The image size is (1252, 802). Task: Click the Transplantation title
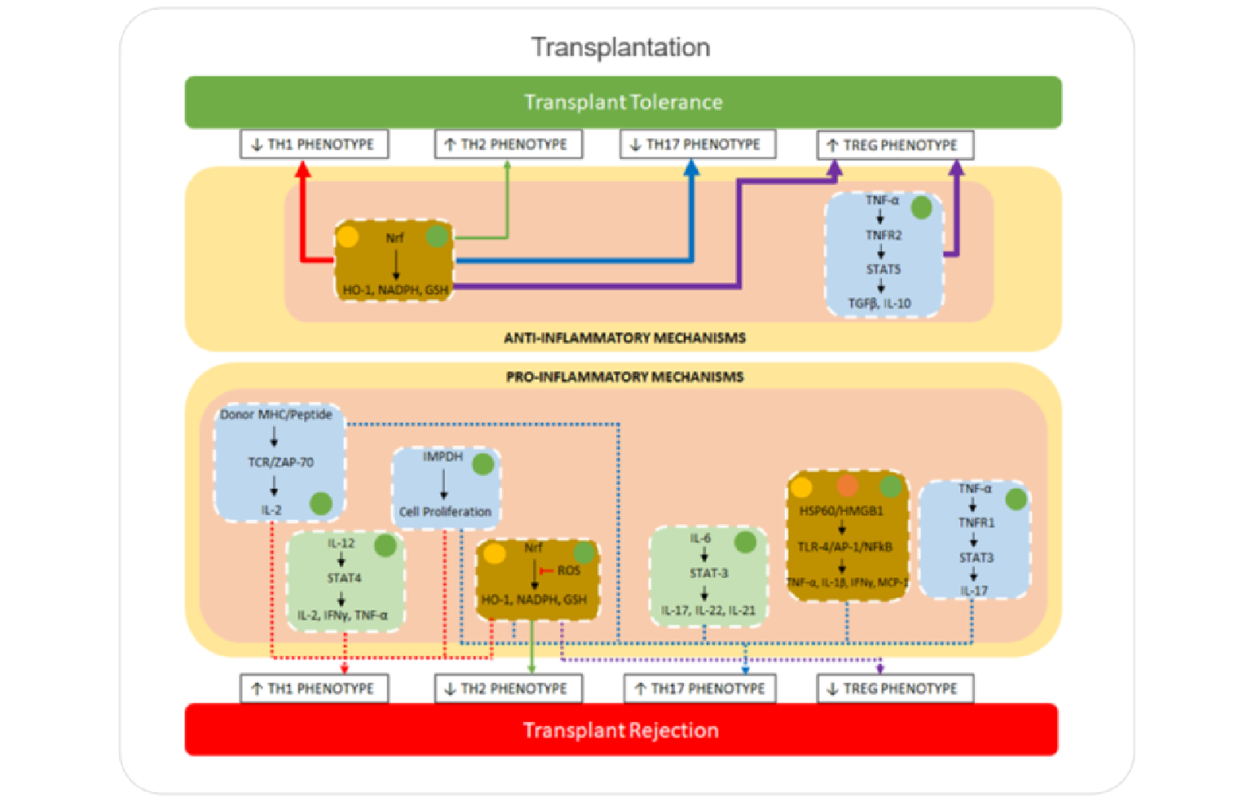click(620, 47)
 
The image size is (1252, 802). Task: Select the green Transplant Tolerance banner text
click(623, 102)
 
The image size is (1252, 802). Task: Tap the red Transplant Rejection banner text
click(620, 729)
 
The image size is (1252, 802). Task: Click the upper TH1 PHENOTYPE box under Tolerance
click(314, 144)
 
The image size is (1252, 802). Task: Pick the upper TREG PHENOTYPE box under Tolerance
click(894, 145)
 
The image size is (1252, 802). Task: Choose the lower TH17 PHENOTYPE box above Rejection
click(699, 688)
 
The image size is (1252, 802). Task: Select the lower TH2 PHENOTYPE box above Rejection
click(508, 688)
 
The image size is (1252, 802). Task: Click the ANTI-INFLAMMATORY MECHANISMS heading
click(624, 337)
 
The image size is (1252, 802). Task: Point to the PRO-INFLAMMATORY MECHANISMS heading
click(624, 377)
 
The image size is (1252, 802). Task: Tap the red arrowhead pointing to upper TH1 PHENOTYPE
click(303, 169)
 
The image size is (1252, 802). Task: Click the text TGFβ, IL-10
click(879, 303)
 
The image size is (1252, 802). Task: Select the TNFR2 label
click(884, 235)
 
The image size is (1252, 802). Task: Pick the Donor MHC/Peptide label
click(276, 414)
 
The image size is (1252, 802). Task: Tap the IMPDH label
click(443, 456)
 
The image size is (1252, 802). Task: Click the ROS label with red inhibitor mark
click(568, 571)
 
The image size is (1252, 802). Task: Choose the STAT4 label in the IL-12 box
click(344, 578)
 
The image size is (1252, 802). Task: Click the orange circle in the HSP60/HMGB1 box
click(848, 487)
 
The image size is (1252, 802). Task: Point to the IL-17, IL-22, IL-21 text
click(708, 610)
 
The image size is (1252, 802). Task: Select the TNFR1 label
click(976, 522)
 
